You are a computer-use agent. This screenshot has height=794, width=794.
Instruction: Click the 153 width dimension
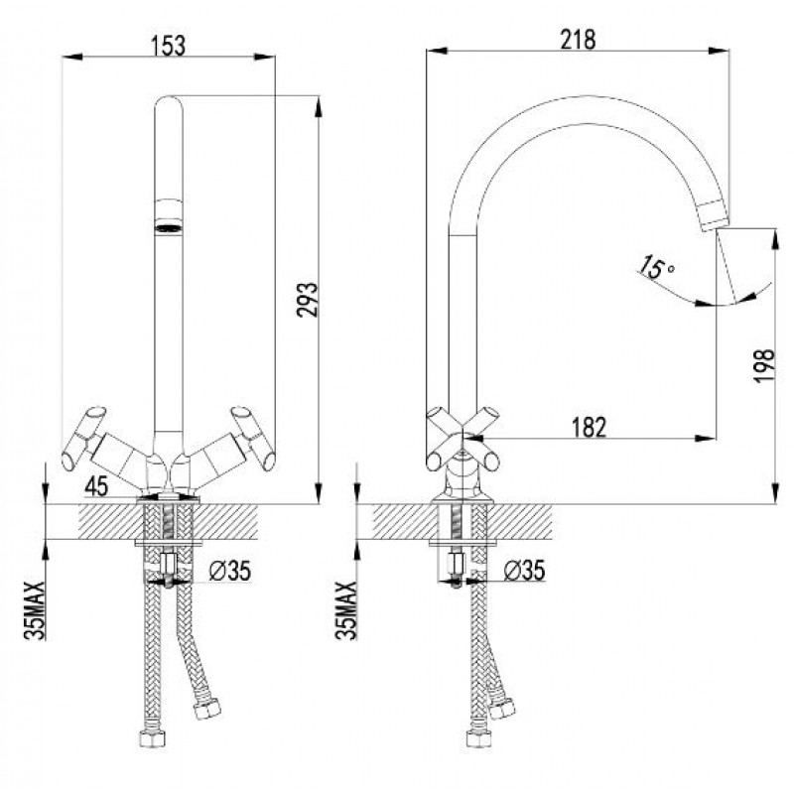(x=169, y=46)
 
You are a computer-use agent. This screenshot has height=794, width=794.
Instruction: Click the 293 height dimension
(x=308, y=300)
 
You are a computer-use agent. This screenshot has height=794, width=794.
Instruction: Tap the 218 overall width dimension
(x=578, y=40)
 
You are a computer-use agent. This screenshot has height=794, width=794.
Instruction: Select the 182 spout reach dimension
(x=589, y=427)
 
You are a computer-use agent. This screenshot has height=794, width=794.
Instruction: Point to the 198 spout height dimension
(x=764, y=365)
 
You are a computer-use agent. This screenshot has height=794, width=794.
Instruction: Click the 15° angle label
(x=655, y=267)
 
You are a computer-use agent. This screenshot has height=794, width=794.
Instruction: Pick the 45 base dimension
(x=96, y=486)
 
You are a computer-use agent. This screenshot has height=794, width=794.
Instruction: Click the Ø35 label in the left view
(x=229, y=571)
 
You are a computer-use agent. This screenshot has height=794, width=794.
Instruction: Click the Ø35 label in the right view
(x=524, y=570)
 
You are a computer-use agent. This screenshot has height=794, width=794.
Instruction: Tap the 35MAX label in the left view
(x=35, y=610)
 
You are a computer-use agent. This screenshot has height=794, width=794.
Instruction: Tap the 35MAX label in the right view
(x=346, y=610)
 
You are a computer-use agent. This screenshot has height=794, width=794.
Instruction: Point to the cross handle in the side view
(x=463, y=439)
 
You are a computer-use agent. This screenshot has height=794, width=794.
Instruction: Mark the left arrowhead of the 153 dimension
(x=71, y=57)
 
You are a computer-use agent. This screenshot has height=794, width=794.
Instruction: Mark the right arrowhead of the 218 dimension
(x=719, y=51)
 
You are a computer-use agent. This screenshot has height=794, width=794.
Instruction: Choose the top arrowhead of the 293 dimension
(x=318, y=106)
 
